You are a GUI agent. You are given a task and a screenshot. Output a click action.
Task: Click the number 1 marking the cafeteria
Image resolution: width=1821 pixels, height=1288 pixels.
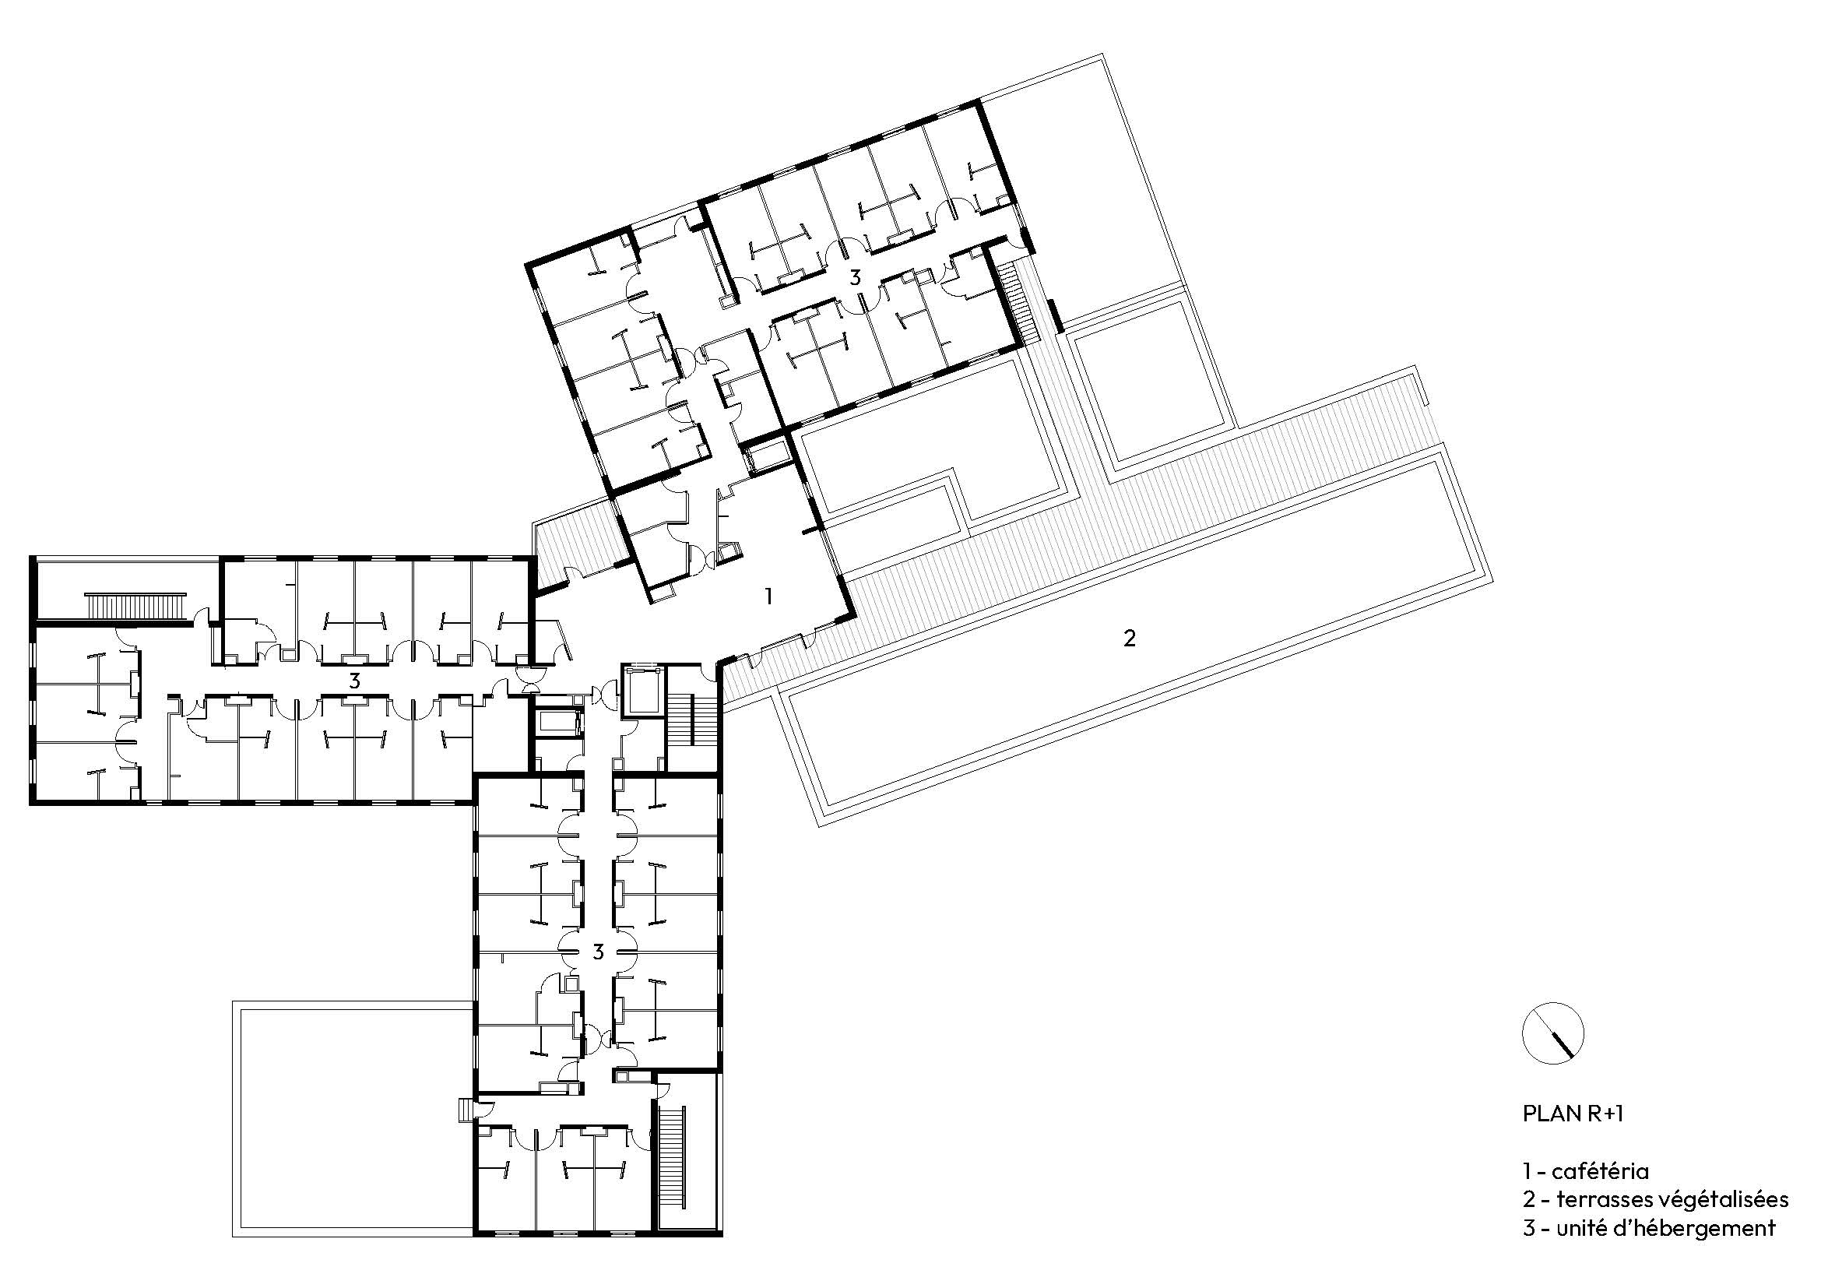(x=767, y=596)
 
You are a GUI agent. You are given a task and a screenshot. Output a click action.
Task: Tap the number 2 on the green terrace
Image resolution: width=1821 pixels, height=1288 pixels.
(x=1130, y=638)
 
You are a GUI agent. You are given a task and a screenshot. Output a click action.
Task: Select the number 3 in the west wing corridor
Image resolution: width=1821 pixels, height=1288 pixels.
(x=354, y=681)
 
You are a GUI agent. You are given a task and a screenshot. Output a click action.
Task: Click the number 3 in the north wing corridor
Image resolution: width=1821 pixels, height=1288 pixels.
(x=854, y=277)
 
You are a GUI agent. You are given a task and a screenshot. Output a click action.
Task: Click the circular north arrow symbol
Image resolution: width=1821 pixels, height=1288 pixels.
(x=1553, y=1034)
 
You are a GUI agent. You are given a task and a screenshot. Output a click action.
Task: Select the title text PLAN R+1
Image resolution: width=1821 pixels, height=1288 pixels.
(x=1573, y=1114)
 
